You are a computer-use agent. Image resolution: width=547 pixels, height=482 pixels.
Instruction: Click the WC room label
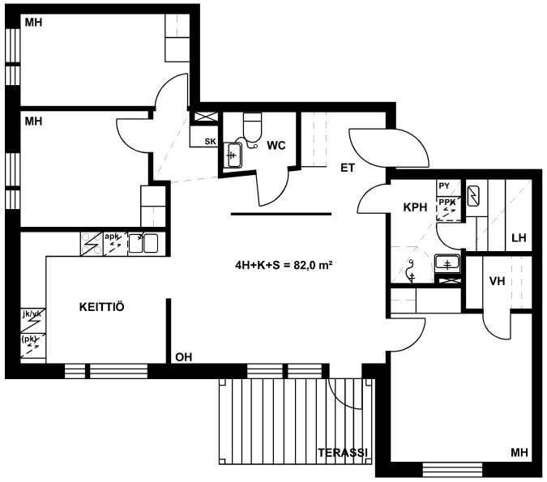[276, 145]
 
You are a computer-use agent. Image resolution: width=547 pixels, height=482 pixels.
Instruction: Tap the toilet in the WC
[252, 126]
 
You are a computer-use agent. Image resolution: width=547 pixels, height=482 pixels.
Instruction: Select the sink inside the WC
[233, 155]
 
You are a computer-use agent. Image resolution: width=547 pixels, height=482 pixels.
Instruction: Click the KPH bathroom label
[415, 207]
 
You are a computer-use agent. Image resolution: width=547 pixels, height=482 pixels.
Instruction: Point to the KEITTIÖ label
[101, 307]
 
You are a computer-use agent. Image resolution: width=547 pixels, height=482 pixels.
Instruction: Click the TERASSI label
[343, 452]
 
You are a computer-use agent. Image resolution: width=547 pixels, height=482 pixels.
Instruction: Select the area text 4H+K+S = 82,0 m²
[284, 266]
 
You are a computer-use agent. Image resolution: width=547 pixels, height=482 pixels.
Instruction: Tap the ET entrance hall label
[348, 168]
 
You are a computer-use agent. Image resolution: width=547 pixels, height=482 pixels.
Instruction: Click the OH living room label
[183, 357]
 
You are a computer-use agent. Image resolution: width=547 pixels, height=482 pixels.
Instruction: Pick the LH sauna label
[519, 238]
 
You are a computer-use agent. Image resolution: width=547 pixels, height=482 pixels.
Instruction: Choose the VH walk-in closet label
[497, 281]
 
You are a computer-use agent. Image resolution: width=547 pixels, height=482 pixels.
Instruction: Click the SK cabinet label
[210, 141]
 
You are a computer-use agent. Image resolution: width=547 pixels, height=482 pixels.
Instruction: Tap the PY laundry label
[444, 186]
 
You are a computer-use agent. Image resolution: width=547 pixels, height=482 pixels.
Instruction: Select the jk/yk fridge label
[32, 314]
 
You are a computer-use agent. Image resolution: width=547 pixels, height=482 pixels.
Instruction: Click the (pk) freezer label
[29, 339]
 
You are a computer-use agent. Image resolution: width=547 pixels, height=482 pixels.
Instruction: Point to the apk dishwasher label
[112, 237]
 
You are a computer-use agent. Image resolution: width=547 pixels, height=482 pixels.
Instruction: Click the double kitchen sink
[143, 243]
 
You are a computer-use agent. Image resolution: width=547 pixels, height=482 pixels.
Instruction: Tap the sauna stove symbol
[472, 196]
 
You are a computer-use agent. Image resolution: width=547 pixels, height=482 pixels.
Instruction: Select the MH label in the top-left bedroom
[33, 23]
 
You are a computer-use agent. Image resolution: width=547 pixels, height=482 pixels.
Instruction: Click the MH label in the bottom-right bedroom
[519, 452]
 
